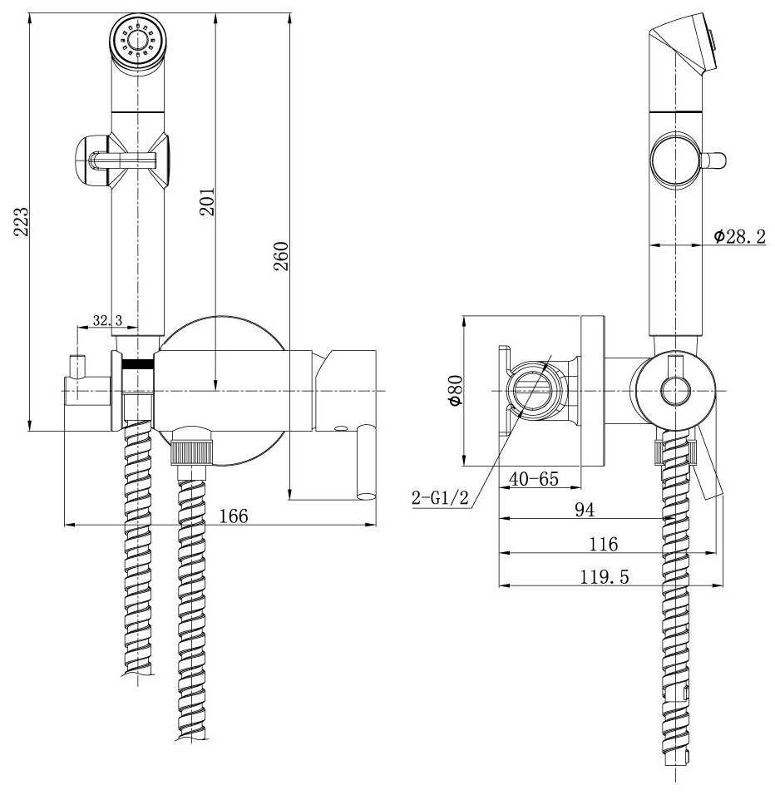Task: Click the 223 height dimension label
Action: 21,221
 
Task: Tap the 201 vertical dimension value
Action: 207,202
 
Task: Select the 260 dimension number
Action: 281,257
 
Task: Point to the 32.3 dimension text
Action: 107,320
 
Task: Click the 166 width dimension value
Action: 234,516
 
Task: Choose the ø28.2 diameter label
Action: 739,236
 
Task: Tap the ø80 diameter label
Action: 455,390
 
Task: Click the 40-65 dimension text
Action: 533,479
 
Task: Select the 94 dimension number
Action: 585,510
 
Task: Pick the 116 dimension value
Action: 603,544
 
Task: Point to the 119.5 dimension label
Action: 605,577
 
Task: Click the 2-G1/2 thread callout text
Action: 440,497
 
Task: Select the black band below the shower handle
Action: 137,363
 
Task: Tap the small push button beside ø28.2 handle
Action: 714,160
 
